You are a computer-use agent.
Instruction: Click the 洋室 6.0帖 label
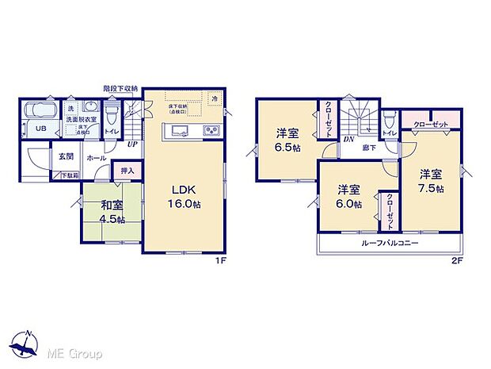point(349,197)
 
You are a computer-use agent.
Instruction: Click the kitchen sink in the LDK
point(177,131)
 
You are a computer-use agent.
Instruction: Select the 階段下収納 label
point(120,89)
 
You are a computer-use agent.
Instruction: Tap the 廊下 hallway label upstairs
point(369,148)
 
